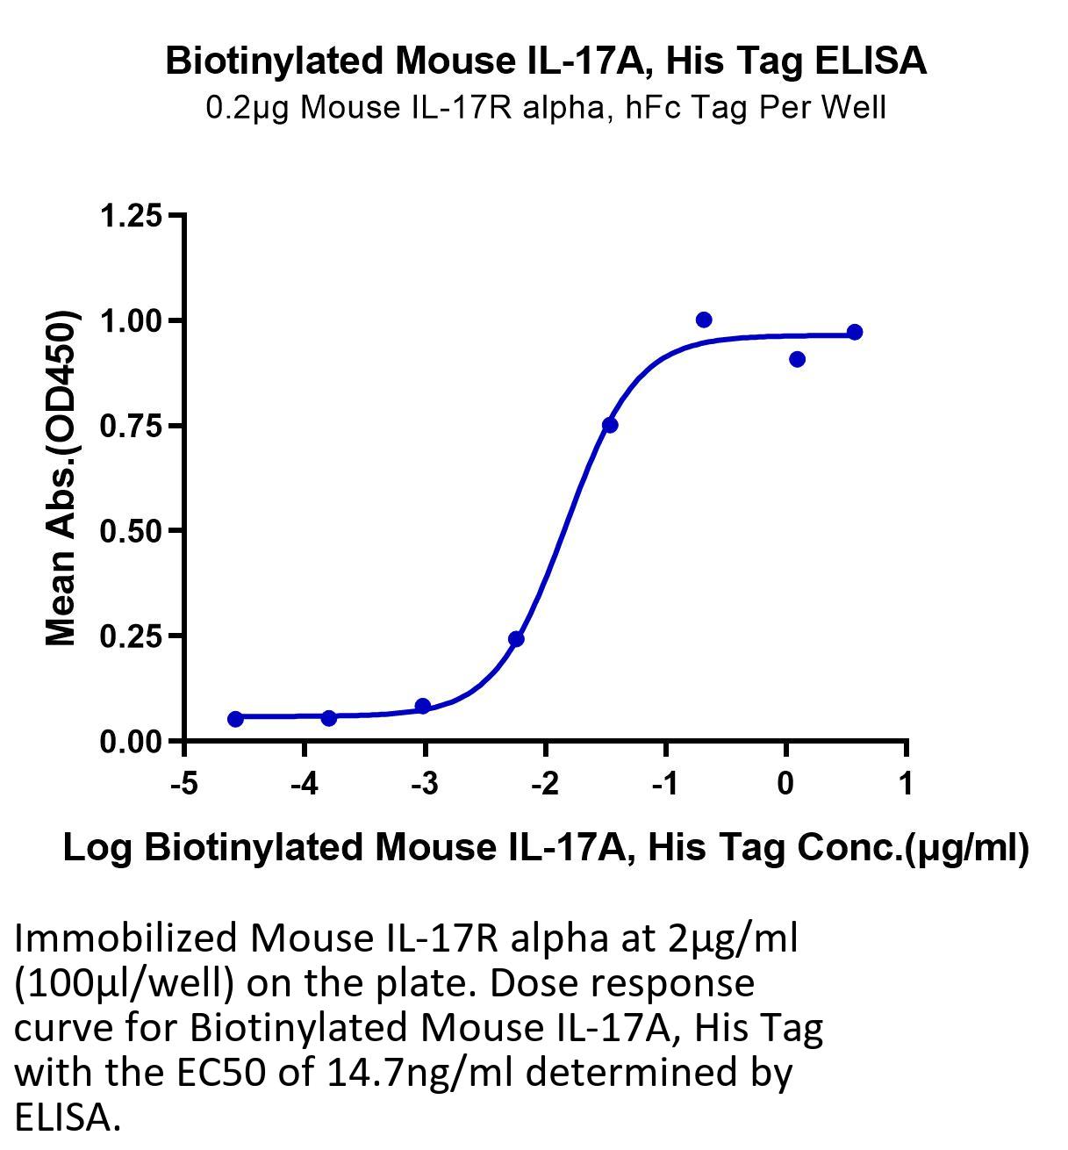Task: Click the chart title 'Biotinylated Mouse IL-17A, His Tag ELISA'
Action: tap(546, 61)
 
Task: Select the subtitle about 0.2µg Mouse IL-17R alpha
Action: tap(546, 108)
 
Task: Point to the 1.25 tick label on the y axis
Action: tap(131, 216)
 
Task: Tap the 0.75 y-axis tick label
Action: tap(131, 426)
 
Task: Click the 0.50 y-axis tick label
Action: tap(131, 531)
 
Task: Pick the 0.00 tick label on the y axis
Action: tap(131, 742)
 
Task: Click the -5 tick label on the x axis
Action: tap(184, 784)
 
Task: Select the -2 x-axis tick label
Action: tap(545, 784)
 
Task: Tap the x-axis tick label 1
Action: tap(906, 784)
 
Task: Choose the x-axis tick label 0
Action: tap(785, 784)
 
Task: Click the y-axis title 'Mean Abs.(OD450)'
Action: tap(61, 478)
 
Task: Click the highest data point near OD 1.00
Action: tap(704, 320)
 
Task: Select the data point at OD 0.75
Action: tap(610, 425)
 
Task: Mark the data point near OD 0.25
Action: tap(516, 639)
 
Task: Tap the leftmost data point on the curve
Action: tap(235, 719)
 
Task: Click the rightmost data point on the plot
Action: tap(855, 332)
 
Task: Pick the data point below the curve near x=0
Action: tap(797, 360)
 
